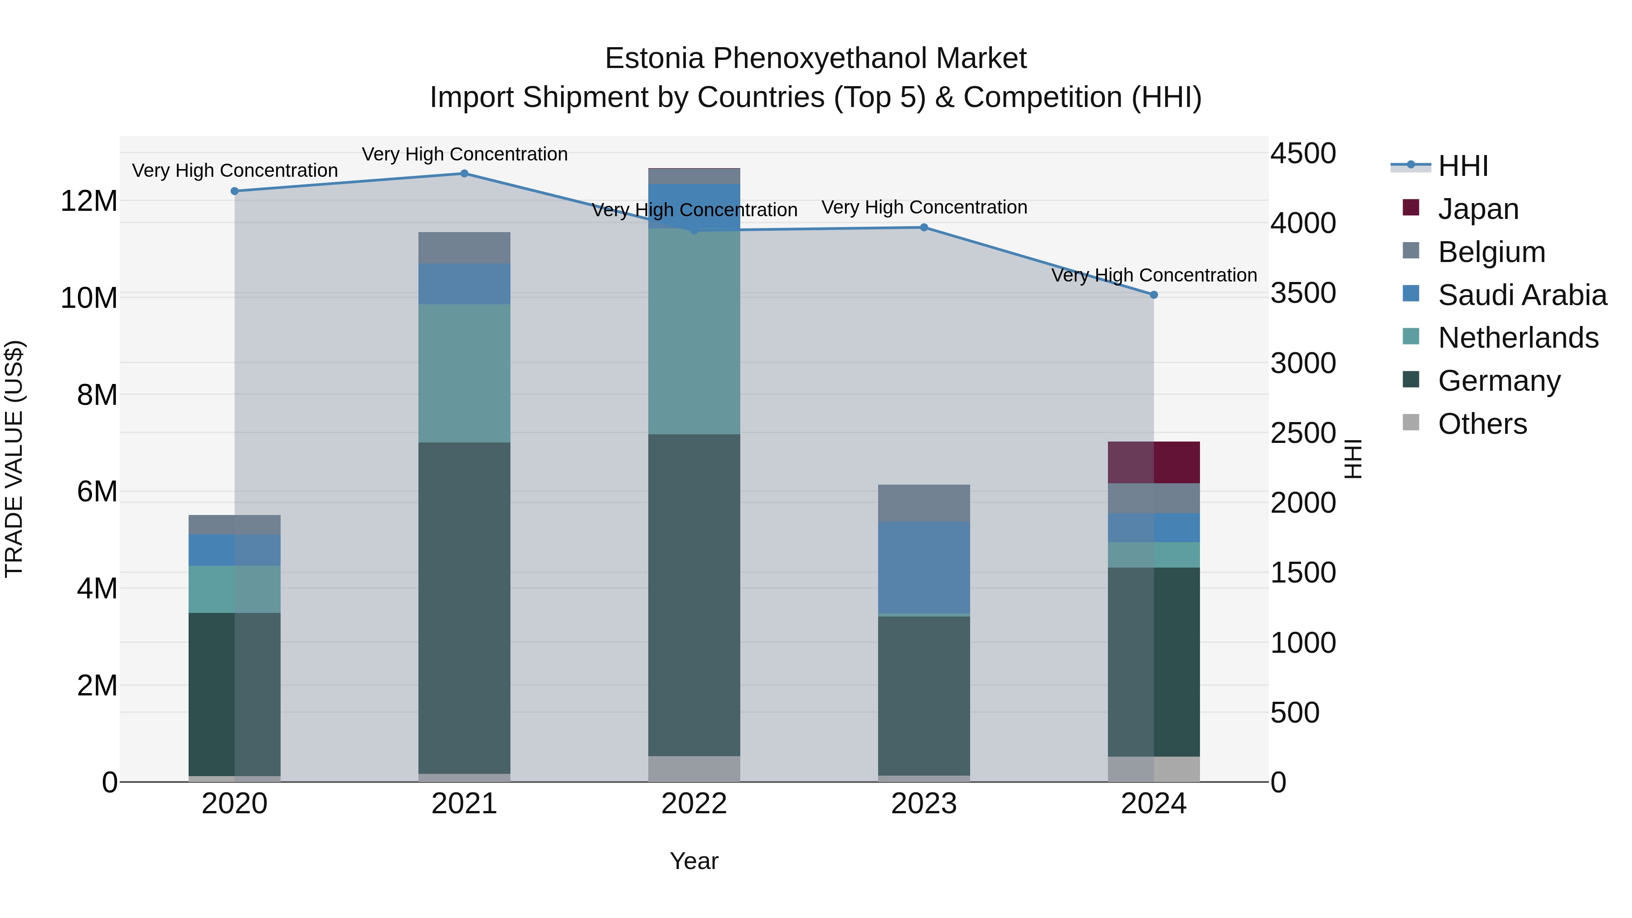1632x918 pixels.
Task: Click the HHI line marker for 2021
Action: pyautogui.click(x=464, y=174)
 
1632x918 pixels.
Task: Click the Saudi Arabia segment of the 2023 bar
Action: pyautogui.click(x=924, y=567)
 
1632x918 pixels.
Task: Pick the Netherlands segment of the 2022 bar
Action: pyautogui.click(x=694, y=331)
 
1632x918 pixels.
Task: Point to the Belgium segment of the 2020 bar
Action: pyautogui.click(x=234, y=525)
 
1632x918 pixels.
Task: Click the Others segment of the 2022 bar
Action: pyautogui.click(x=694, y=768)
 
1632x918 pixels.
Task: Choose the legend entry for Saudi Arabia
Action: pyautogui.click(x=1522, y=295)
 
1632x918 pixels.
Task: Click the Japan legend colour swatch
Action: pyautogui.click(x=1411, y=208)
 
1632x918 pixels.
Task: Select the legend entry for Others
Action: pyautogui.click(x=1482, y=424)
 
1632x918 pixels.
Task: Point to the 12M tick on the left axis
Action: pyautogui.click(x=89, y=201)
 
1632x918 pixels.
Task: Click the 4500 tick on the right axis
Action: pyautogui.click(x=1303, y=153)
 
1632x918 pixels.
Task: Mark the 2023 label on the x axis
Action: pyautogui.click(x=924, y=804)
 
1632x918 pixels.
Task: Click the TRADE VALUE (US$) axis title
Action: pyautogui.click(x=15, y=459)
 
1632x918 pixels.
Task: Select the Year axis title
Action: pyautogui.click(x=694, y=861)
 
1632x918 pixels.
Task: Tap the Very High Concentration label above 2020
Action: pyautogui.click(x=234, y=170)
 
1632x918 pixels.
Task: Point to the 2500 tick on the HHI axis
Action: pyautogui.click(x=1303, y=433)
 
